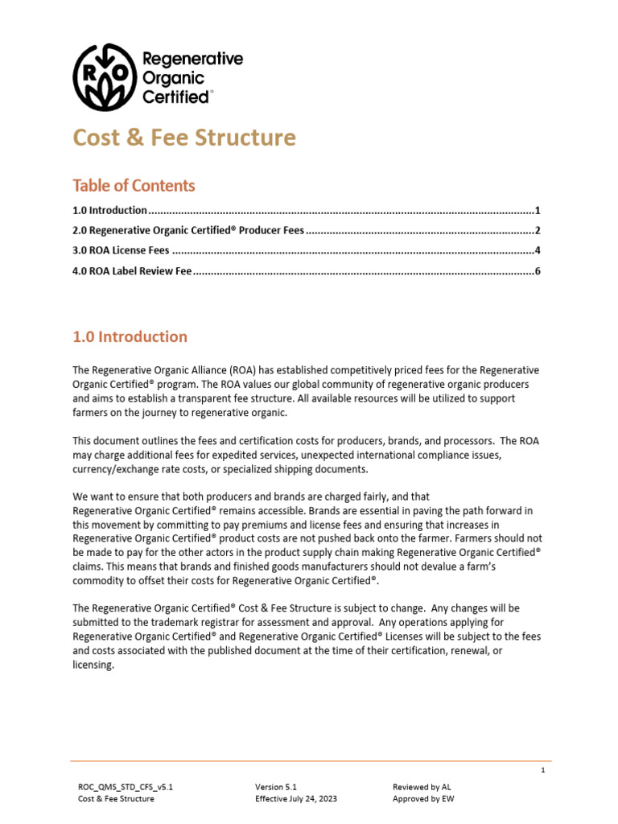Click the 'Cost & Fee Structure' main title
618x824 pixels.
pos(184,138)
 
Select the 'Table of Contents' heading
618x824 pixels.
pos(134,186)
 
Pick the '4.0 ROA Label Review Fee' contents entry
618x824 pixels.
pos(132,271)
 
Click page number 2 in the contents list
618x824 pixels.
pos(537,230)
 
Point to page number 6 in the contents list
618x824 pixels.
pos(537,271)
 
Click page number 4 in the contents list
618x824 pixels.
pos(537,250)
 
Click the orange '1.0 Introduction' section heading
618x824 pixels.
pos(130,337)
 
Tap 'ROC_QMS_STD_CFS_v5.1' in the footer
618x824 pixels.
pos(125,786)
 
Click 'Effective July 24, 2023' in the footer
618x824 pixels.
pos(295,799)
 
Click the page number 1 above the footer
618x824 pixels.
pos(543,770)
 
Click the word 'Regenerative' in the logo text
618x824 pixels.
pos(192,59)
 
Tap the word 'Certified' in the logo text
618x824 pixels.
pos(175,97)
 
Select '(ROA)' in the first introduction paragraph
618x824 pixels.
pos(242,370)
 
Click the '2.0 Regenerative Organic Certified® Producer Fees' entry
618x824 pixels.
pos(188,230)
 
